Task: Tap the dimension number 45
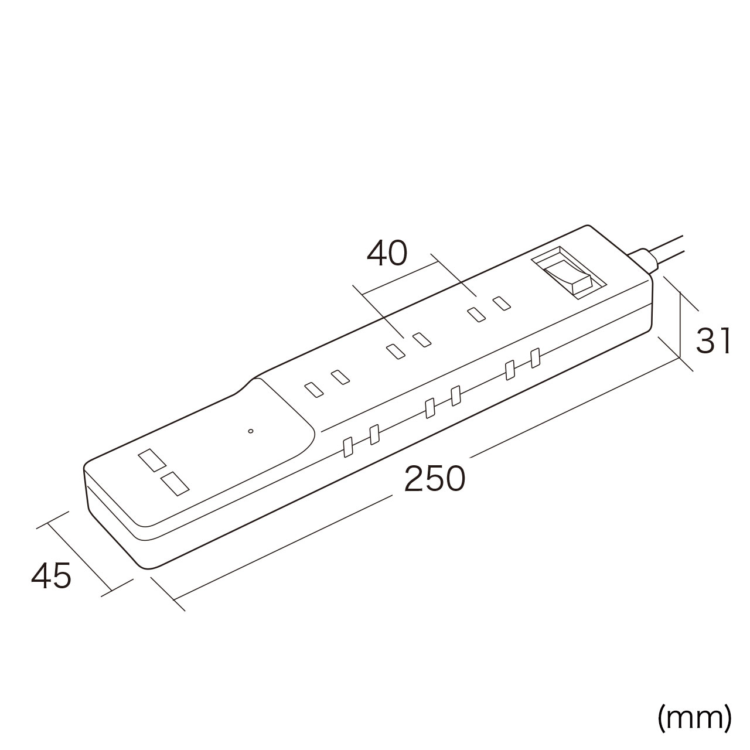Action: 51,575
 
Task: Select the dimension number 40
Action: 387,253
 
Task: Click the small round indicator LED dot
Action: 251,431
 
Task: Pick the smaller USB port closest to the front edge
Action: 175,484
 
